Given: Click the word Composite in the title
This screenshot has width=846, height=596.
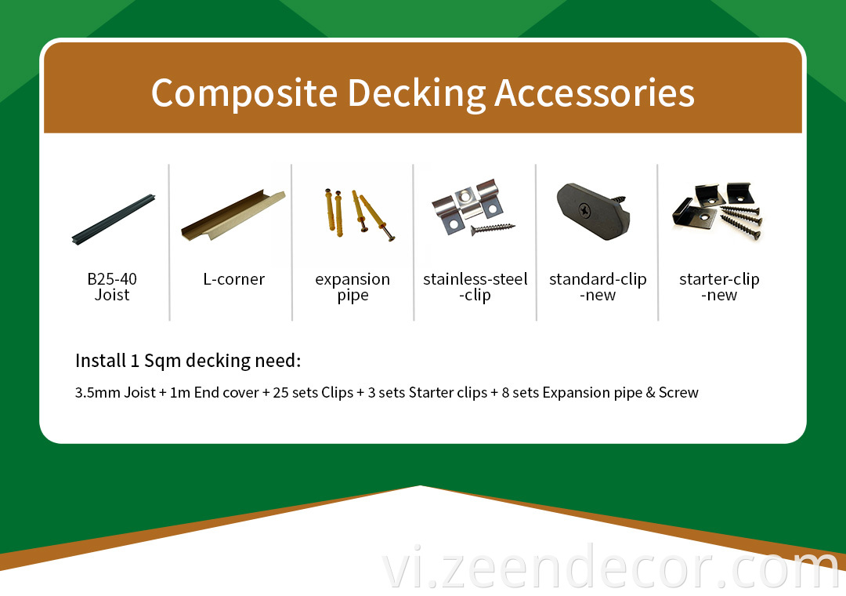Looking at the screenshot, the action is tap(244, 93).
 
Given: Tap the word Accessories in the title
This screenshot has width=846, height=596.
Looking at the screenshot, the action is tap(594, 93).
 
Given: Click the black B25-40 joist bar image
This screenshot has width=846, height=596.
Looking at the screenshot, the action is tap(114, 219).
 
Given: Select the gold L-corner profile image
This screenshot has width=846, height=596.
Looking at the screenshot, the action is tap(233, 216).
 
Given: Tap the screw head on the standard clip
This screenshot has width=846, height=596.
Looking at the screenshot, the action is tap(584, 209).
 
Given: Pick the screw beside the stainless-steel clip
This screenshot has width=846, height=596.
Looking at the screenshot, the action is tap(493, 228).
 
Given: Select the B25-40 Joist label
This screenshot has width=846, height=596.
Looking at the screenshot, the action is tap(112, 286).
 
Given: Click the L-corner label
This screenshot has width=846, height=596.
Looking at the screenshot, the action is tap(233, 279).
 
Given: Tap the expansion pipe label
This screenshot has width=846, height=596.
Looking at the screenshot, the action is tap(352, 287).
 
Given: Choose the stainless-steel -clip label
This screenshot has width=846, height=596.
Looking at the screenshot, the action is tap(475, 287).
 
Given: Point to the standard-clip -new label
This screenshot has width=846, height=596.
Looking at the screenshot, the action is tap(597, 286).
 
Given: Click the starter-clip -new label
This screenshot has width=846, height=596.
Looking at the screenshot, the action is tap(719, 286).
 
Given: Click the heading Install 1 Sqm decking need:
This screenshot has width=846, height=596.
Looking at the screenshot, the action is tap(188, 361).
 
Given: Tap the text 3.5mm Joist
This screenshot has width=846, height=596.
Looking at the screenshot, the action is tap(115, 392).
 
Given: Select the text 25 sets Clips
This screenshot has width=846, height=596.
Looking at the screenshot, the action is tap(313, 392).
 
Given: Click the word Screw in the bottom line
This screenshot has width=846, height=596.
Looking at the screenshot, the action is tap(678, 392).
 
